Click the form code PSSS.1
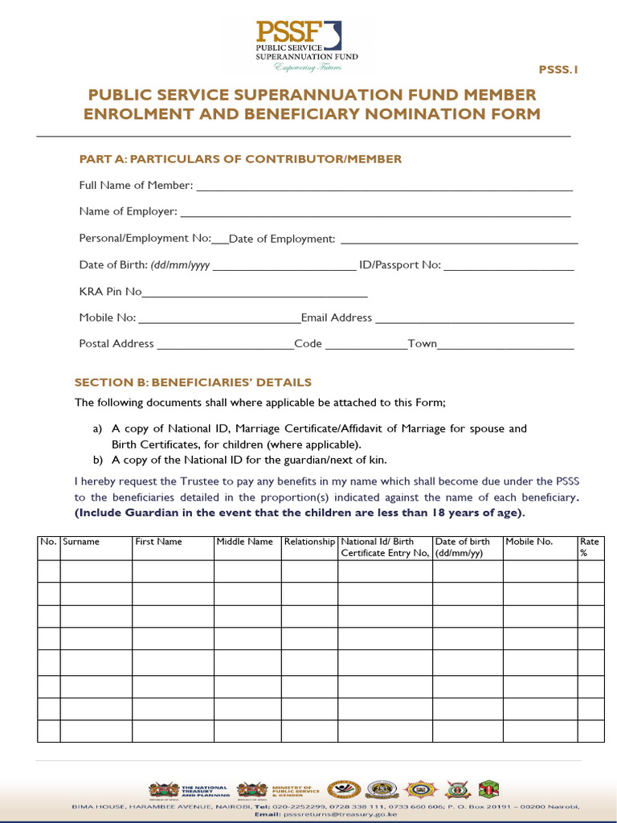(558, 70)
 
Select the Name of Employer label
(128, 211)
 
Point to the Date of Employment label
(282, 239)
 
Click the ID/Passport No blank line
(509, 267)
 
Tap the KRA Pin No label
(110, 292)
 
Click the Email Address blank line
(475, 319)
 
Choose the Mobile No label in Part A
(108, 317)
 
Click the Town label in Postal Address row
(423, 343)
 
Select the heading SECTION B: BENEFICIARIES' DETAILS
(193, 383)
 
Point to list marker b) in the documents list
(98, 461)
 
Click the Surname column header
(81, 542)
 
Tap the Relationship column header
(309, 542)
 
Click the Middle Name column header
(245, 542)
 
